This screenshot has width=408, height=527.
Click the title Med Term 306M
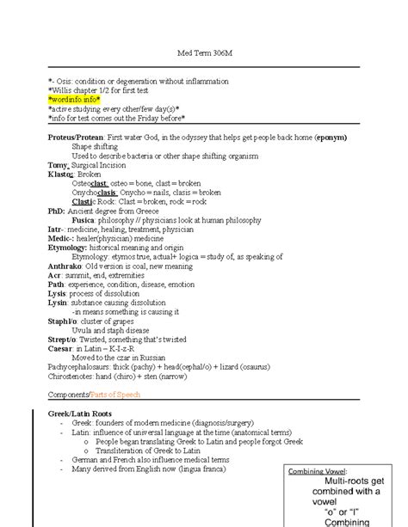pos(204,53)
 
